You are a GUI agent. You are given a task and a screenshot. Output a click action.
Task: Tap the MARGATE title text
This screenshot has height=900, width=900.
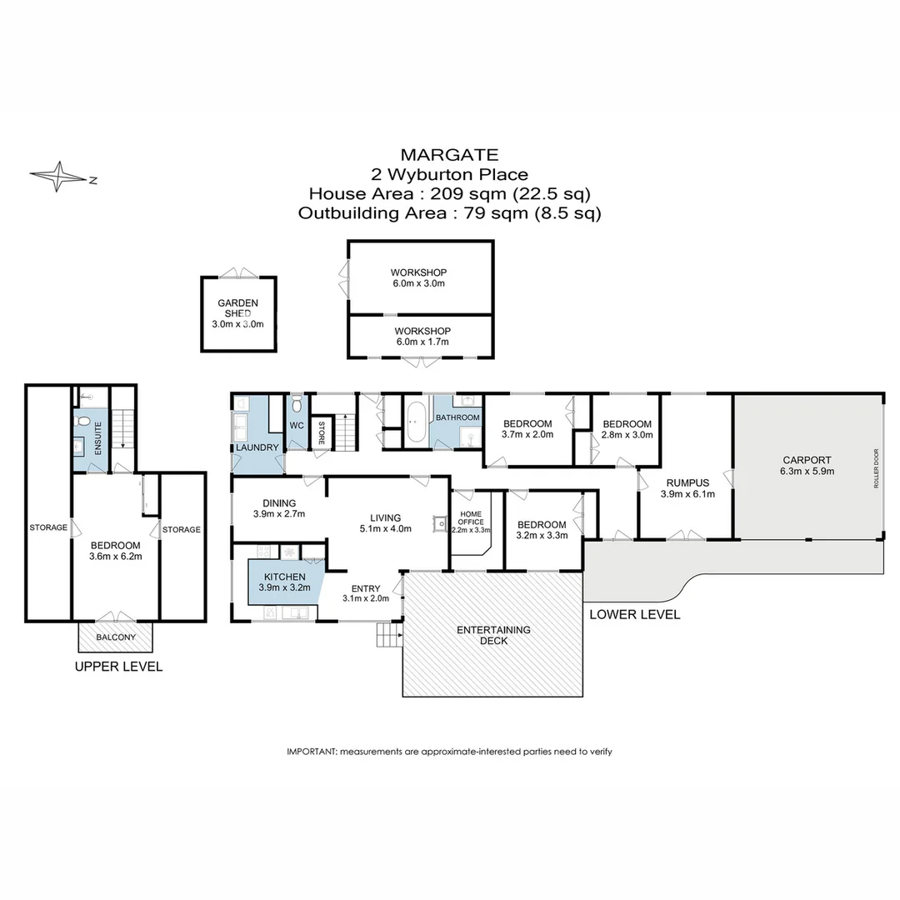449,155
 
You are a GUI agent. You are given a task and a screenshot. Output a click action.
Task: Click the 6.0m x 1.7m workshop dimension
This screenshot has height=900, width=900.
421,342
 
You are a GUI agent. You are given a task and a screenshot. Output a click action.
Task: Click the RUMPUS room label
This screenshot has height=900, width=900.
687,482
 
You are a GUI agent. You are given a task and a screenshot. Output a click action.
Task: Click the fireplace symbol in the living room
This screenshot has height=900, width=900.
437,523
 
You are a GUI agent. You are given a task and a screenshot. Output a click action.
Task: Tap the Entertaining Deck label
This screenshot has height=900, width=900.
493,635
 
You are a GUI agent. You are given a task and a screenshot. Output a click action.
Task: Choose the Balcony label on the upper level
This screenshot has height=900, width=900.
116,637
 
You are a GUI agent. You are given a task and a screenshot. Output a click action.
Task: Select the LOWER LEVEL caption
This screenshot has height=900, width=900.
634,615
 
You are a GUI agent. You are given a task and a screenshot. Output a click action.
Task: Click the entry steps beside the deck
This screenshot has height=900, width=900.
388,635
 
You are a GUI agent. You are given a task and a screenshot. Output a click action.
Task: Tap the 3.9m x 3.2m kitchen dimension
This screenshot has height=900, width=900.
286,587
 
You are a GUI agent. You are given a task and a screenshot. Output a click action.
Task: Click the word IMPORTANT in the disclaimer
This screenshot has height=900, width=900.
312,752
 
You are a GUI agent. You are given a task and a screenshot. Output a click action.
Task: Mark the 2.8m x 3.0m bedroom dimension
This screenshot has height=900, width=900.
627,434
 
